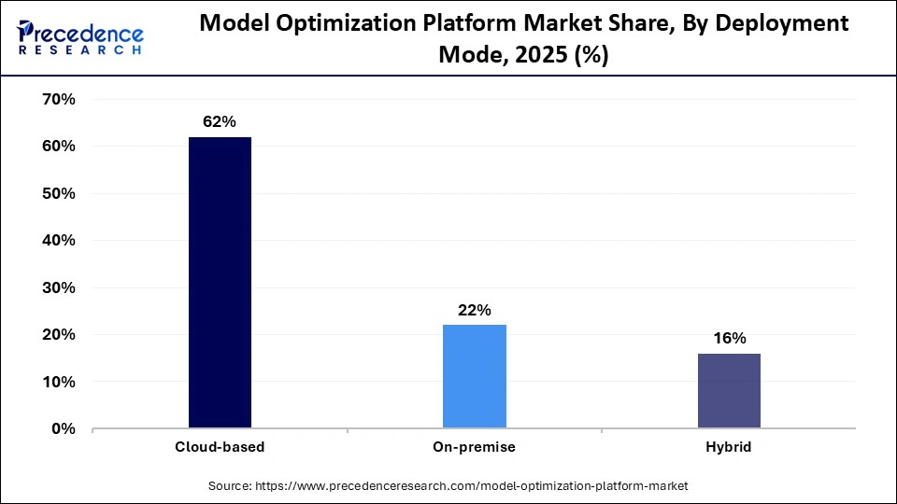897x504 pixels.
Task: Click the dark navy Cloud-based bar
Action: [x=220, y=283]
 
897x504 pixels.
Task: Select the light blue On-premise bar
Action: [x=474, y=376]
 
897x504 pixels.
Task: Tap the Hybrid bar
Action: [x=728, y=391]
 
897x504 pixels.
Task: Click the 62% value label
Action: [x=220, y=122]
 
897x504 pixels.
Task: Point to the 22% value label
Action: [x=474, y=310]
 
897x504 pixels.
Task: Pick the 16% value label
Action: [x=728, y=338]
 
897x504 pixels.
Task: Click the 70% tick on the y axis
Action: [x=57, y=100]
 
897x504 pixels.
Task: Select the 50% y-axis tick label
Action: [x=57, y=194]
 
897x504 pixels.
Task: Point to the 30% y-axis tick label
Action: [x=57, y=288]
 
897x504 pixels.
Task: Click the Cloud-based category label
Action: [x=220, y=447]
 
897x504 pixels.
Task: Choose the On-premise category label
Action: [x=474, y=447]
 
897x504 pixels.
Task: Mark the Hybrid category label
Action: [x=728, y=447]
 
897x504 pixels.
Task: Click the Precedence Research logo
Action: [x=79, y=37]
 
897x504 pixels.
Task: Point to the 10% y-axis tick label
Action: [x=57, y=382]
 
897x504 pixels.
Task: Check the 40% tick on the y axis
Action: [x=57, y=241]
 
